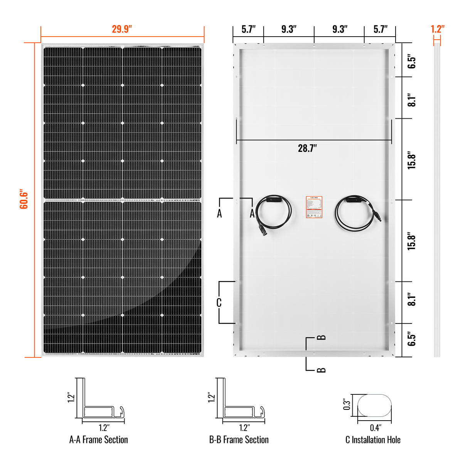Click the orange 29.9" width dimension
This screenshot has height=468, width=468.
point(122,29)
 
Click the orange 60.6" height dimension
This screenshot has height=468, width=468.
point(24,199)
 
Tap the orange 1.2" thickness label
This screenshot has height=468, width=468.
point(437,29)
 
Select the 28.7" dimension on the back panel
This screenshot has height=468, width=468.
point(307,148)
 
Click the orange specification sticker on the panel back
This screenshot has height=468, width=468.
point(314,207)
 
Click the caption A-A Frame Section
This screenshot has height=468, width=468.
point(98,440)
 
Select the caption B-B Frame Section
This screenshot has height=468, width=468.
point(239,440)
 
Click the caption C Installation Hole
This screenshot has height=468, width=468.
point(373,440)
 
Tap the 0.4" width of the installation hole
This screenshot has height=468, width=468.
point(375,428)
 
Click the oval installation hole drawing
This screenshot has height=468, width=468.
point(374,405)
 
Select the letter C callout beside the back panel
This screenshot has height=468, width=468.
point(219,303)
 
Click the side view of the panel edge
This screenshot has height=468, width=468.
point(437,200)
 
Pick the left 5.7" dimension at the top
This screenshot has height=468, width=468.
point(249,29)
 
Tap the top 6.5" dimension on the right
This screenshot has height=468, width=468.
point(412,62)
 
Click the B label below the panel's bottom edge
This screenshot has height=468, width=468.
point(321,370)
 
